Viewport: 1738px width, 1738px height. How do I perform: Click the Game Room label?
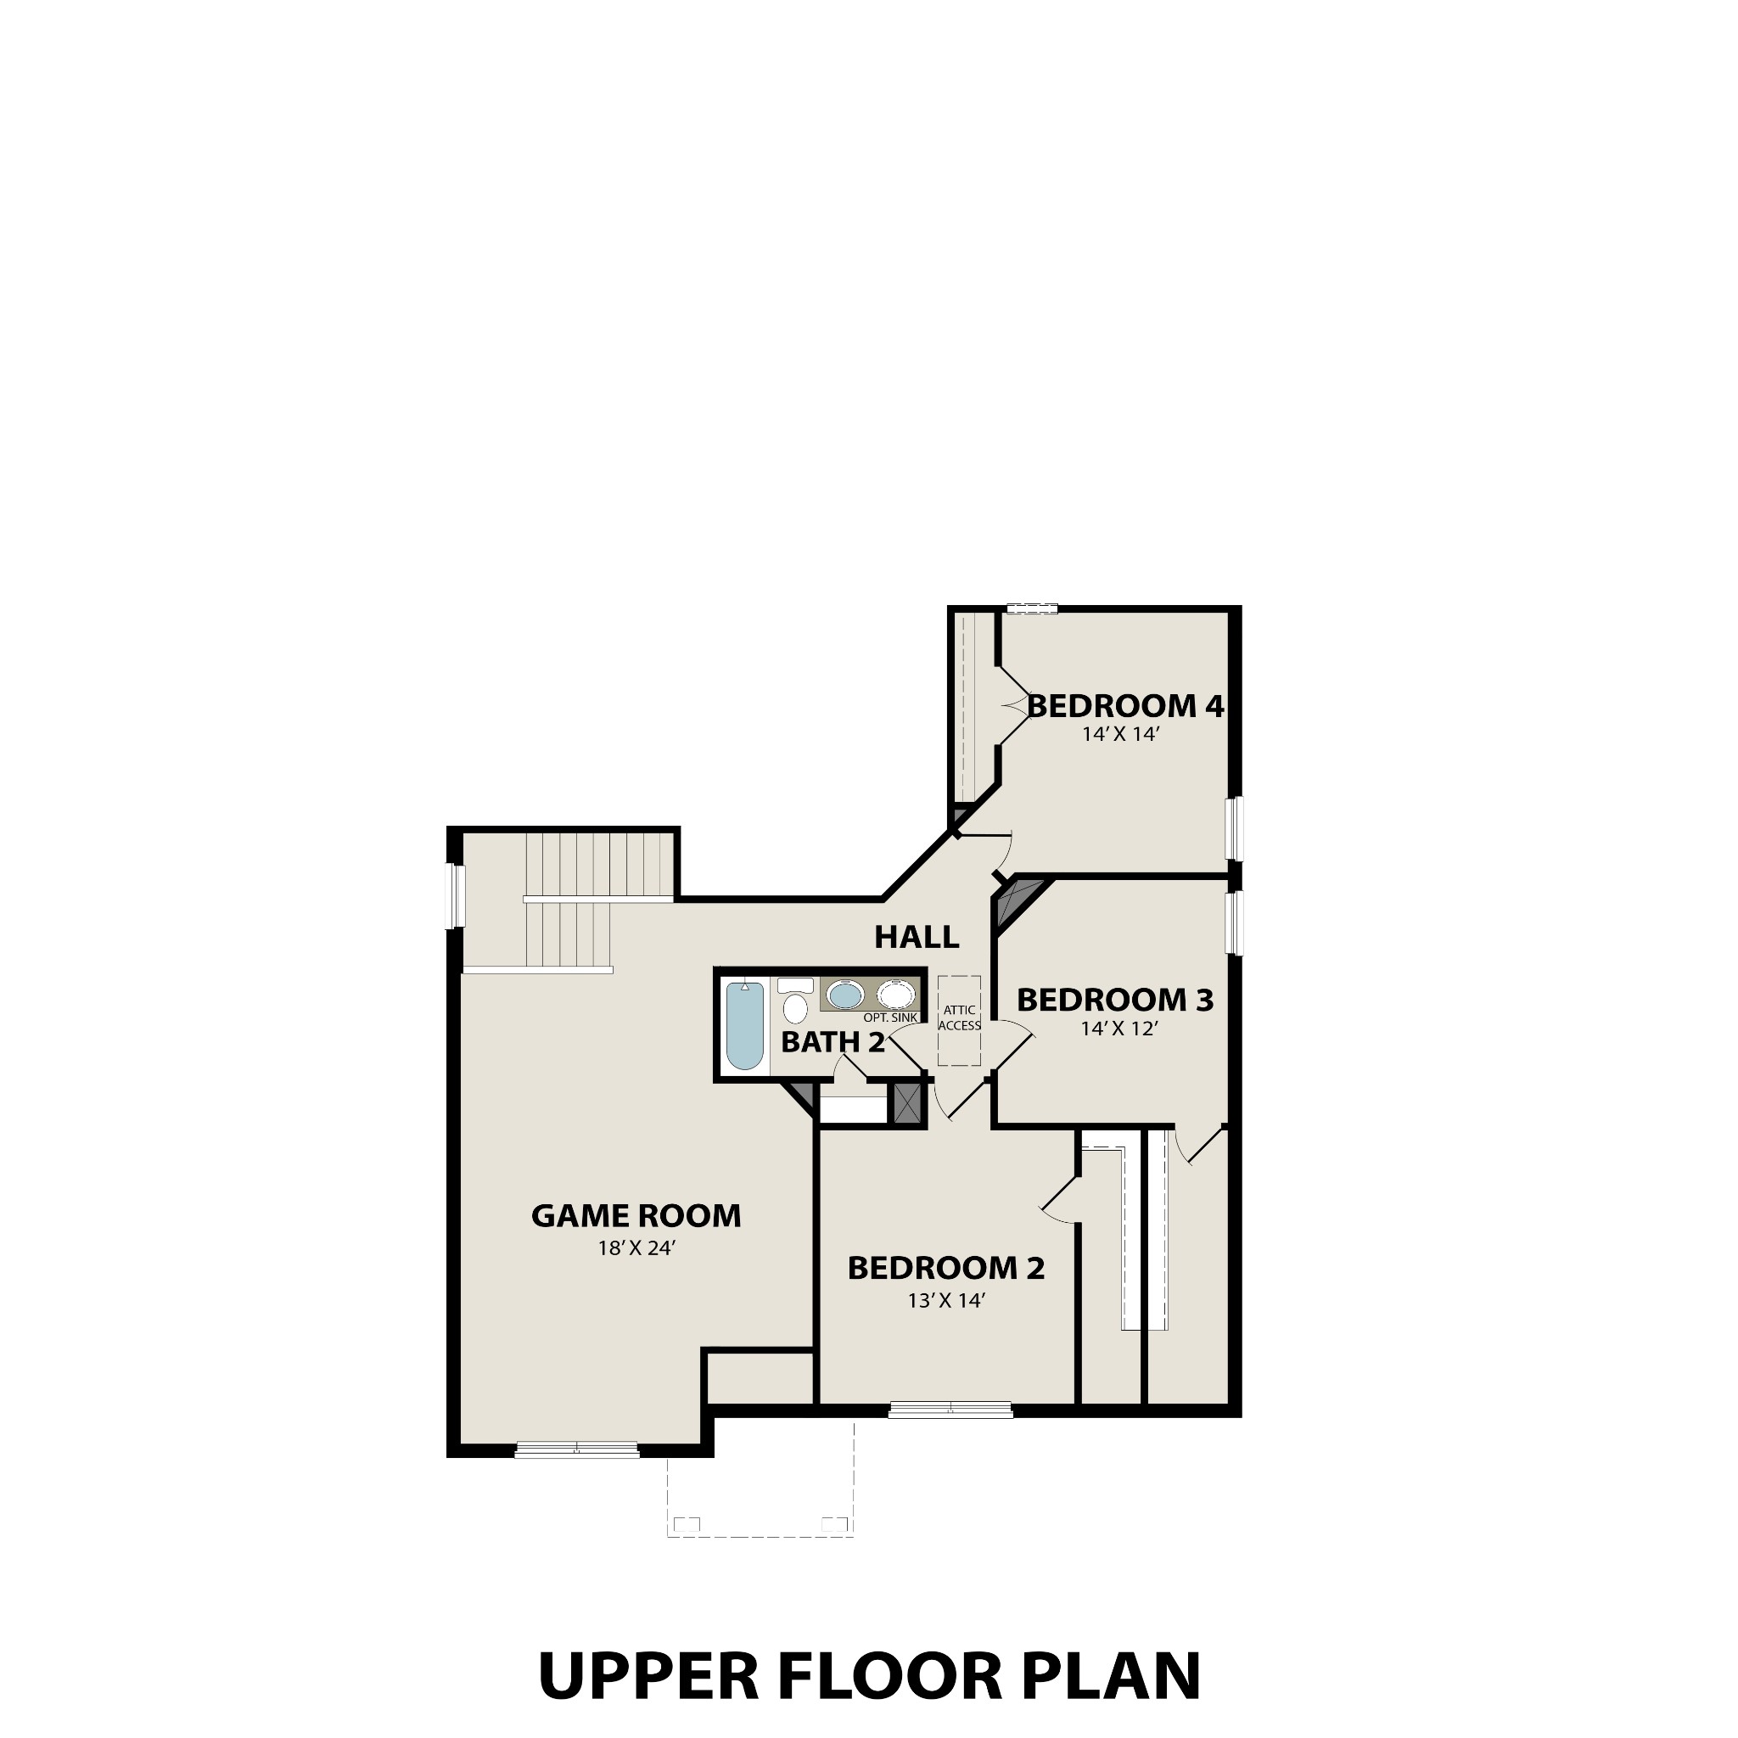[636, 1216]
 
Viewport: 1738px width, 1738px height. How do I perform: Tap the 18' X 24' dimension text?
[636, 1248]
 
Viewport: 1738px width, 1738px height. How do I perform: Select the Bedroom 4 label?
[1125, 706]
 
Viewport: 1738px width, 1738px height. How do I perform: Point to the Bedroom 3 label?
[1114, 1000]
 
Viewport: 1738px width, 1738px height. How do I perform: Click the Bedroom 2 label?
[945, 1269]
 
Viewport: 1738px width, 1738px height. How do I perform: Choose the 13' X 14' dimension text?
[947, 1301]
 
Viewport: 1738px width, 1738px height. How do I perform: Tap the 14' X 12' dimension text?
[1118, 1029]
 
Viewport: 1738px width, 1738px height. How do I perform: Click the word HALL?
[917, 938]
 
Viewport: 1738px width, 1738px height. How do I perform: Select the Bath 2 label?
[833, 1043]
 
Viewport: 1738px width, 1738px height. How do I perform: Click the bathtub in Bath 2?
[745, 1025]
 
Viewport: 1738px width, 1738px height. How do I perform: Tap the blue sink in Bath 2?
[844, 995]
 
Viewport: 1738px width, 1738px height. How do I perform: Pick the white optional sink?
[896, 995]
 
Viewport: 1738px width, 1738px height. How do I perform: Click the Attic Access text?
[959, 1018]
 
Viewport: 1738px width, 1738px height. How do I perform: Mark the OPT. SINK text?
[890, 1018]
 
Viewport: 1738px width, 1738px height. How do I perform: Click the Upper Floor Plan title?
[869, 1675]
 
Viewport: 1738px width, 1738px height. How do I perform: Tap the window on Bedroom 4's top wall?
[1032, 609]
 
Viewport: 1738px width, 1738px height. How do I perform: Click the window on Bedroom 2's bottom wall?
[950, 1410]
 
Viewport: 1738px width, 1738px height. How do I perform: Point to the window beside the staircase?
[458, 896]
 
